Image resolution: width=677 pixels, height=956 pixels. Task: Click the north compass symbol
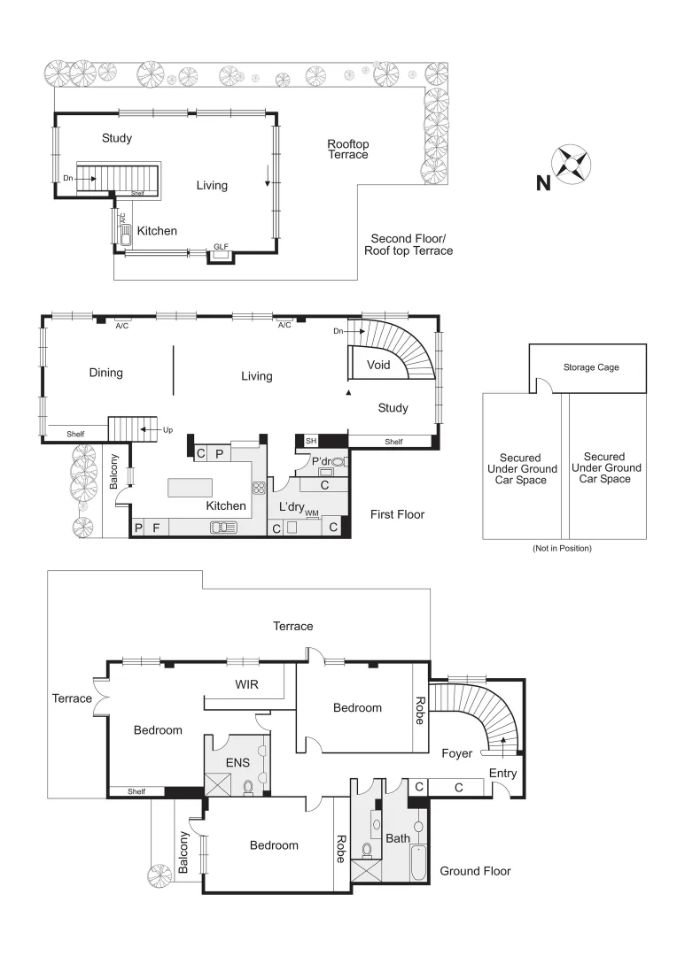(x=571, y=165)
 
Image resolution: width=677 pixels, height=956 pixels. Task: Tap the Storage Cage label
(x=591, y=367)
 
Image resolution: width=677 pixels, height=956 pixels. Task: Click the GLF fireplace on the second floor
(x=221, y=254)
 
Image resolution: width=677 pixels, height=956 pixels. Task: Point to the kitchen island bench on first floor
(x=191, y=488)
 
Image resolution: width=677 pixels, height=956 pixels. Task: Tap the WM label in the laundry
(x=312, y=513)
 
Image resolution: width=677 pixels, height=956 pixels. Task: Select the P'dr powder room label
(x=320, y=461)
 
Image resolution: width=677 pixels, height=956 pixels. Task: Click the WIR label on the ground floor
(x=246, y=684)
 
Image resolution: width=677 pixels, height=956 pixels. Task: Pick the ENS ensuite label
(x=237, y=761)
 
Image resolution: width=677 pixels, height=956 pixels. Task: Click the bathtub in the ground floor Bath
(x=418, y=861)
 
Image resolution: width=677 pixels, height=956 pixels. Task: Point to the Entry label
(x=502, y=774)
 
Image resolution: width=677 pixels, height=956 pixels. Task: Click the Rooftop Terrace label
(x=347, y=149)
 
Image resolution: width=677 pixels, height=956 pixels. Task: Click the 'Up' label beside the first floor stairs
(x=167, y=430)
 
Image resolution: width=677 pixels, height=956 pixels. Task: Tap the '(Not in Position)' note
(x=562, y=549)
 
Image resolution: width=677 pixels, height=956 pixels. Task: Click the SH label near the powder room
(x=310, y=441)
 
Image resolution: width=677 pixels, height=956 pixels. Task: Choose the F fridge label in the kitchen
(x=156, y=528)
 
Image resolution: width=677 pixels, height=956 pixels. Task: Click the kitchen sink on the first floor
(x=223, y=528)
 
